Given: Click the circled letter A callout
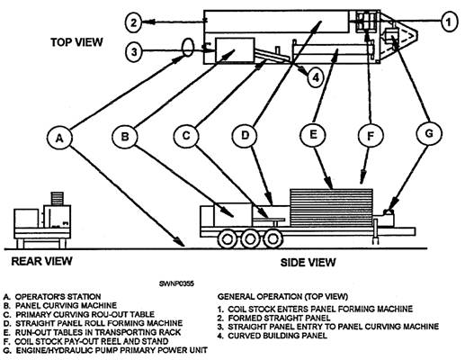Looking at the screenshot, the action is (59, 138).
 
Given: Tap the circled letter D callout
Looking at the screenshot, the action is (245, 135).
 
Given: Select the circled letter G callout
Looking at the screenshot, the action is (429, 133).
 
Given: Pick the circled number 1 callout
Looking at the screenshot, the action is (449, 22).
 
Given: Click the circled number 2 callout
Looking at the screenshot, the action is (133, 22).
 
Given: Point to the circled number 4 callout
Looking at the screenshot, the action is (316, 77).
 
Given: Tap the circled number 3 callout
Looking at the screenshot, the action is (134, 52).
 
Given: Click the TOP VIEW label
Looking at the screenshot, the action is (76, 42).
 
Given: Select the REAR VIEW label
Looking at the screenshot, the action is (41, 261).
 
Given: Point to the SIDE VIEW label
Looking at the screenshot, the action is (308, 263).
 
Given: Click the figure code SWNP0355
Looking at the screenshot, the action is (176, 283).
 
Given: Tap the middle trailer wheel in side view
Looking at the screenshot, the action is (249, 239).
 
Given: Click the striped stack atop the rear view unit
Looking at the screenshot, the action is (57, 199).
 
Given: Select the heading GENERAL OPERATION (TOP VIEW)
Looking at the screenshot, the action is (282, 297).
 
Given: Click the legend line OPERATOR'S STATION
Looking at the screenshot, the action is (58, 297).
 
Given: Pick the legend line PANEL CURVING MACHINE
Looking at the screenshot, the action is (66, 306).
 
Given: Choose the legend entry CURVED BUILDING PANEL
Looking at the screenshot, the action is (277, 336).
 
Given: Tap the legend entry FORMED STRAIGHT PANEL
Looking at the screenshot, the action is (279, 318).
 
